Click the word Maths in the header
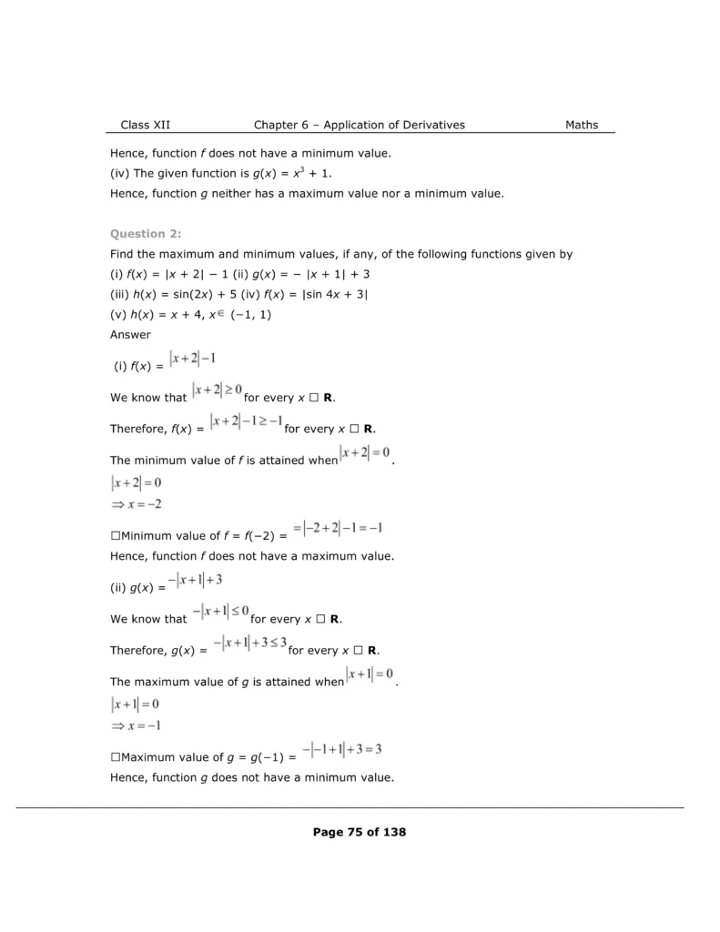tap(582, 125)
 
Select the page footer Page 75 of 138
tap(359, 831)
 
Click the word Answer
tap(131, 334)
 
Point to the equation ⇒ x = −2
tap(137, 503)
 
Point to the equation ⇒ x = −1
tap(137, 724)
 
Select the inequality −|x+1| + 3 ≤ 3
tap(249, 643)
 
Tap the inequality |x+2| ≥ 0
tap(217, 390)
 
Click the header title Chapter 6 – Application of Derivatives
tap(359, 125)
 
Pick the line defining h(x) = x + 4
tap(190, 315)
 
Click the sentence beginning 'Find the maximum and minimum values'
tap(340, 254)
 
